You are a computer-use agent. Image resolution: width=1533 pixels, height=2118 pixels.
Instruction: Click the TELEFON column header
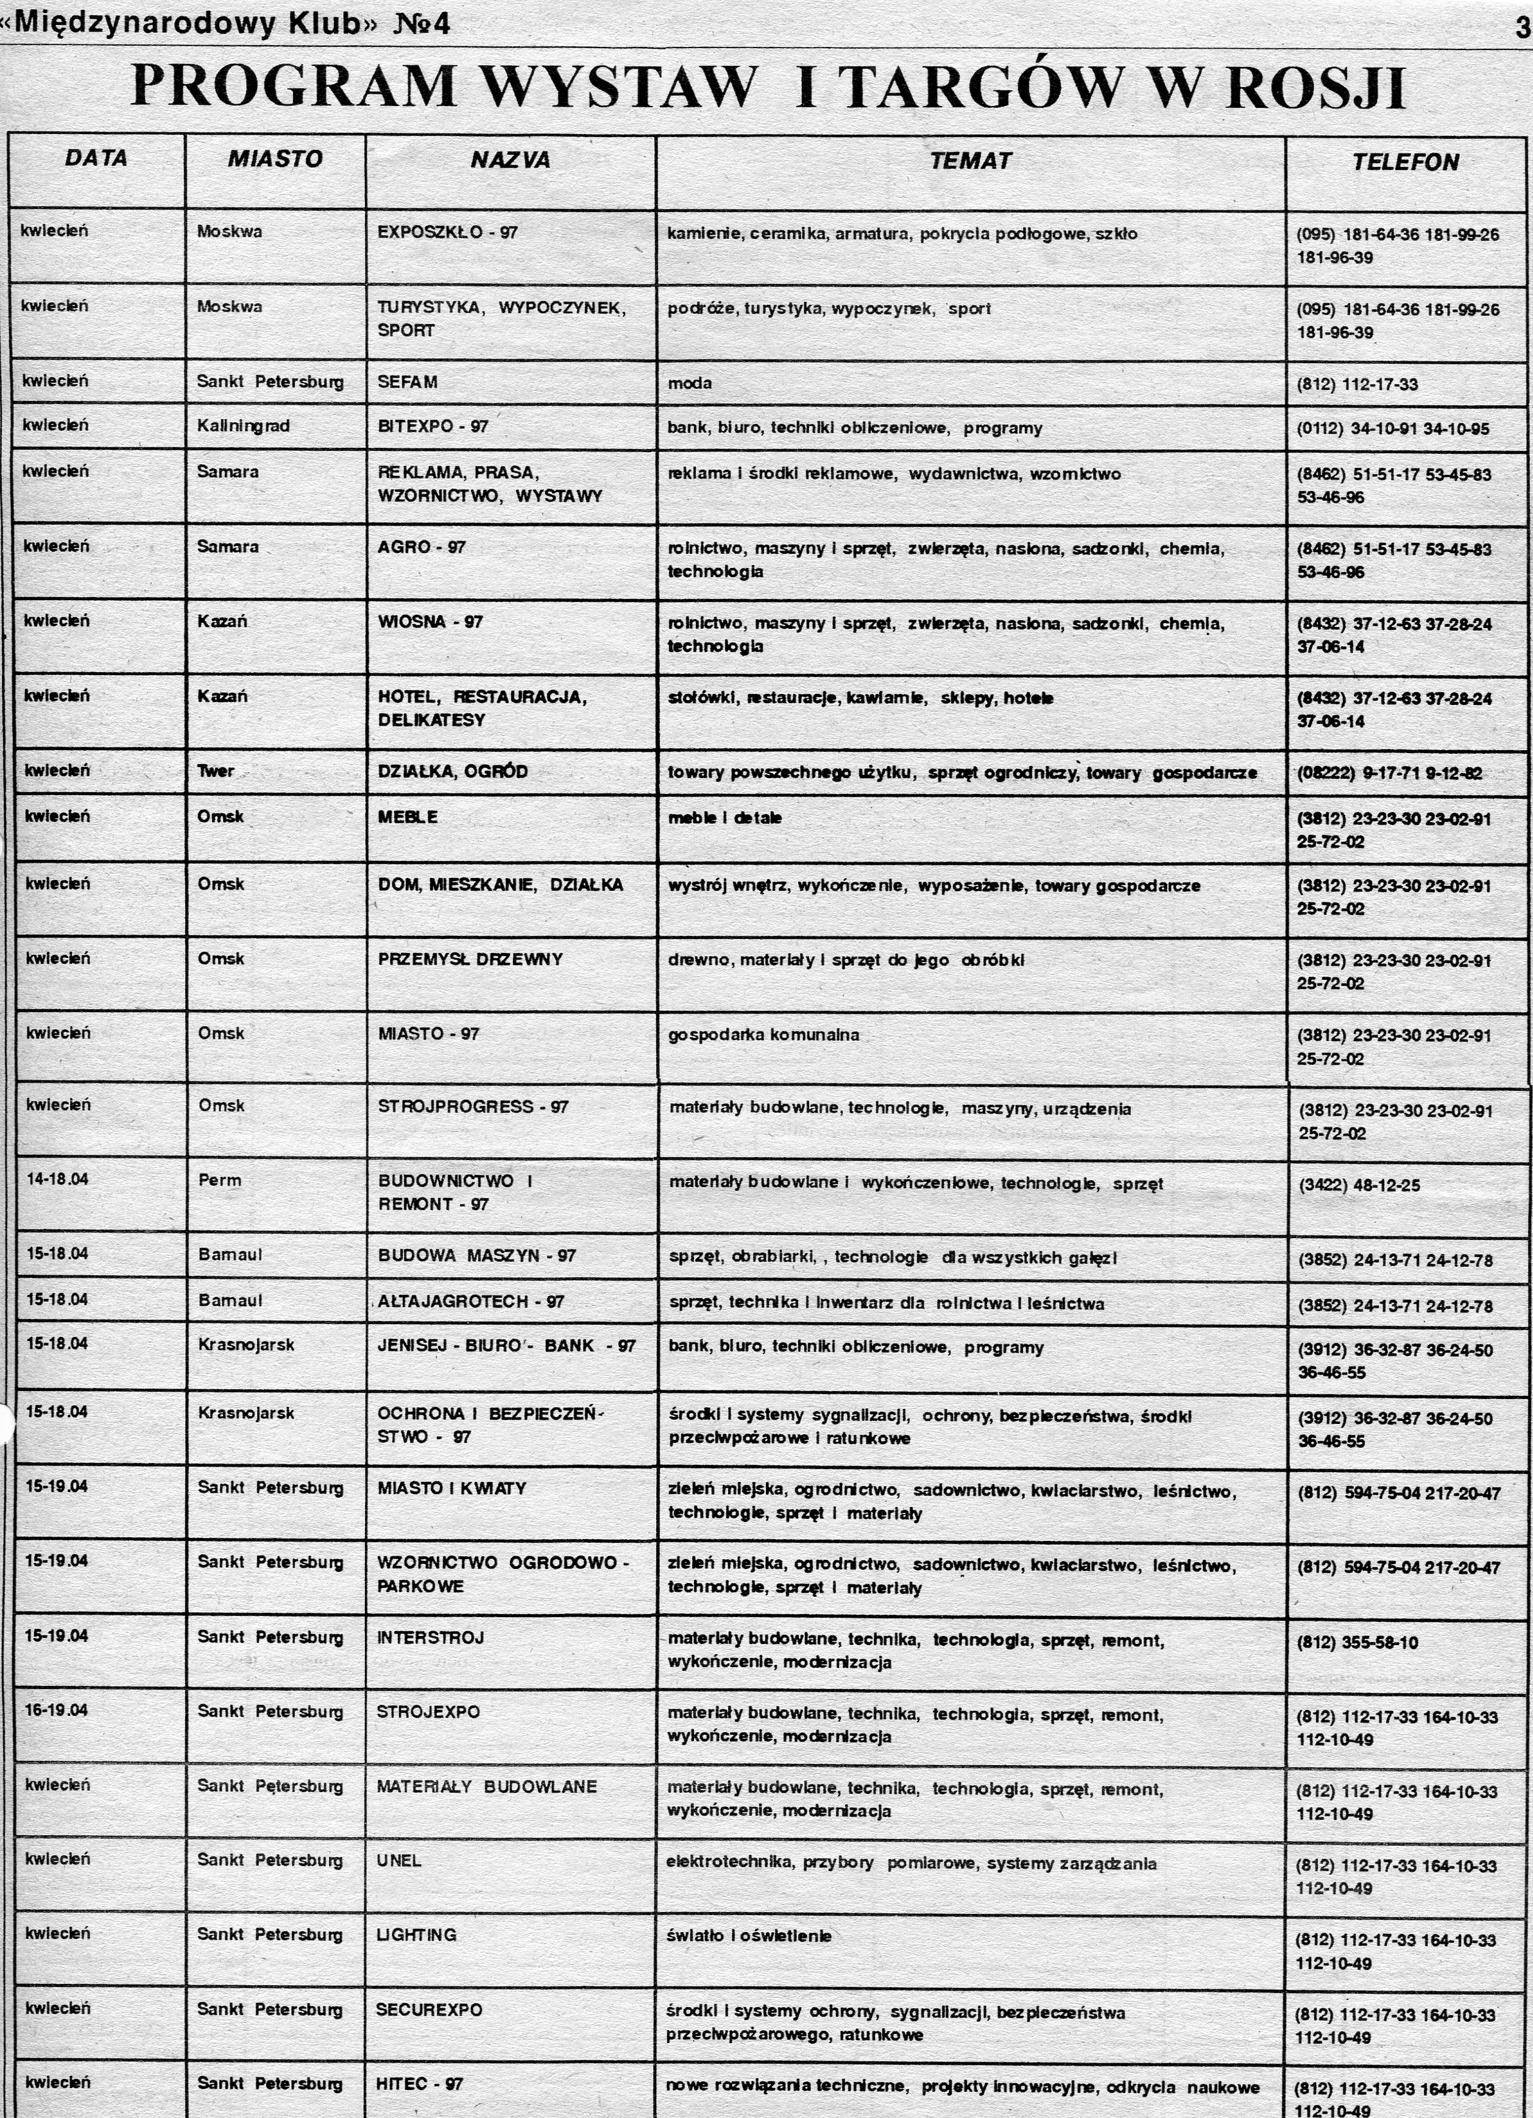(1405, 163)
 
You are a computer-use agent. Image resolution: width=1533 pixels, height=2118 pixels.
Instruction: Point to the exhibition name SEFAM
(407, 382)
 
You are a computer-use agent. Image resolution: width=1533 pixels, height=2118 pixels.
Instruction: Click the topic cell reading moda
(689, 383)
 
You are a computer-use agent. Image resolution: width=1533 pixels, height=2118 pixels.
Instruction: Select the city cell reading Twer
(216, 770)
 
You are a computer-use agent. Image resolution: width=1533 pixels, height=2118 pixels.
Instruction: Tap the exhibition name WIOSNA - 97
(430, 622)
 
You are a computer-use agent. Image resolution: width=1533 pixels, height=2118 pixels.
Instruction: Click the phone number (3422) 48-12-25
(1359, 1186)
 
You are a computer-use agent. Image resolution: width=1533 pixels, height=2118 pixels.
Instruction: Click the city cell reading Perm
(219, 1180)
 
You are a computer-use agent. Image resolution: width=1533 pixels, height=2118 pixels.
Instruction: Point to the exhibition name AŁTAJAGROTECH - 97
(470, 1301)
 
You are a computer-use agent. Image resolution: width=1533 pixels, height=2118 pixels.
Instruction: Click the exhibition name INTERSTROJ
(430, 1637)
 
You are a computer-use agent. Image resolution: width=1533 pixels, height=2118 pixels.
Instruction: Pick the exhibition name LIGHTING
(416, 1935)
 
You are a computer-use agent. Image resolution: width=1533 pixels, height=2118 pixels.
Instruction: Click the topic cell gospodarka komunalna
(763, 1035)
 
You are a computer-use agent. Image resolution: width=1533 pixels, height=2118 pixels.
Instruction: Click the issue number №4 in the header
(422, 23)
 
